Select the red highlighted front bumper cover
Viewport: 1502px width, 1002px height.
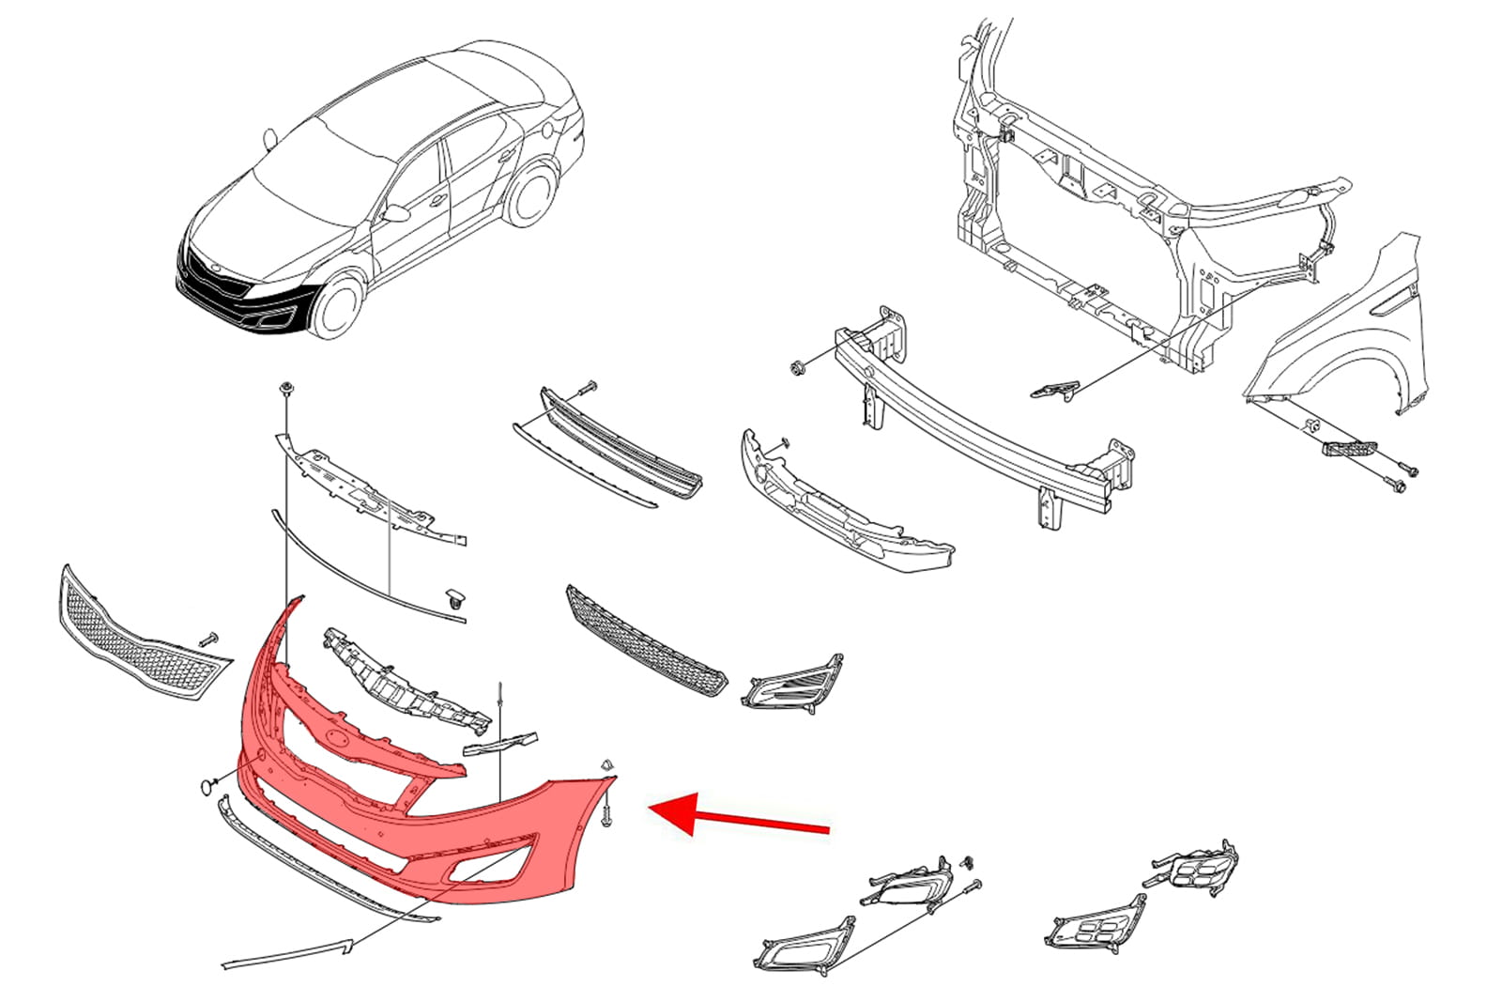click(x=526, y=826)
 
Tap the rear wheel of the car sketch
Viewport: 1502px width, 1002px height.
click(x=528, y=196)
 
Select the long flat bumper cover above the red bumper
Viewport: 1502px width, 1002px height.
click(x=371, y=488)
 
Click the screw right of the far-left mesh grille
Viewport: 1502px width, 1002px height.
click(x=208, y=639)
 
